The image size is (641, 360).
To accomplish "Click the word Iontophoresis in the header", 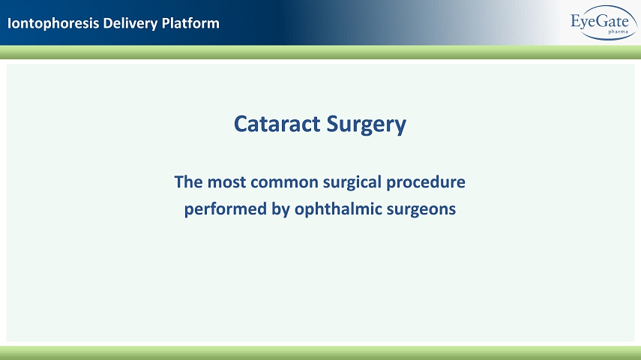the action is (x=53, y=23).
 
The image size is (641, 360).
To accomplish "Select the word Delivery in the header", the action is (x=130, y=23).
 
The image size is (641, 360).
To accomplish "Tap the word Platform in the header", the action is (x=190, y=23).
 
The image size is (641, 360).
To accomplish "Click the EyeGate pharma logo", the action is (x=604, y=22).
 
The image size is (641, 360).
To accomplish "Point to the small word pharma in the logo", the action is (x=618, y=31).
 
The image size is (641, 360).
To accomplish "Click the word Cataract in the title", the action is (x=277, y=124).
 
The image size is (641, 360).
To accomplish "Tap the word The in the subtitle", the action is (x=188, y=182).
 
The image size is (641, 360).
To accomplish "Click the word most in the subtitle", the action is (x=226, y=182).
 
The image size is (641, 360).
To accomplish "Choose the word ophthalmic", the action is (x=338, y=209).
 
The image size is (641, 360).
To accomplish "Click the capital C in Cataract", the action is (x=241, y=124).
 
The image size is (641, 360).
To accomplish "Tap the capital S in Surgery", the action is (x=333, y=124).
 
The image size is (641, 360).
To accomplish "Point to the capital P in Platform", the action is (x=166, y=23).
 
